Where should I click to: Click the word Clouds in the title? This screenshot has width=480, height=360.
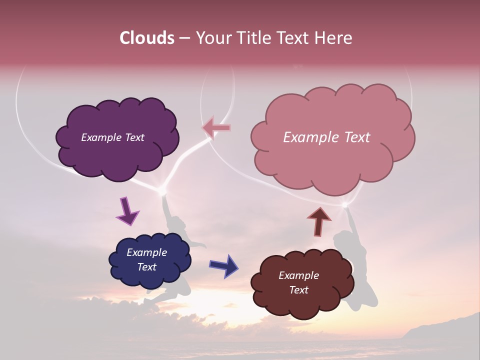147,38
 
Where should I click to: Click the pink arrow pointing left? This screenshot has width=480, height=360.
216,128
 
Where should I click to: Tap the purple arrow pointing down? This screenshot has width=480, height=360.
127,210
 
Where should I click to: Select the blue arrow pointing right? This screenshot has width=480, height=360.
224,265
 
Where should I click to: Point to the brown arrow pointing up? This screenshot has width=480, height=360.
319,221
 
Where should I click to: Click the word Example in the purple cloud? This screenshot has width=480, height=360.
100,137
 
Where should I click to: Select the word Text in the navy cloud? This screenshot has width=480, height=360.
147,267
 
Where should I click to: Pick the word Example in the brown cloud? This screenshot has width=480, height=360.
298,275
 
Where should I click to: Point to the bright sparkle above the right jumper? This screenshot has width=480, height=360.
344,204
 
